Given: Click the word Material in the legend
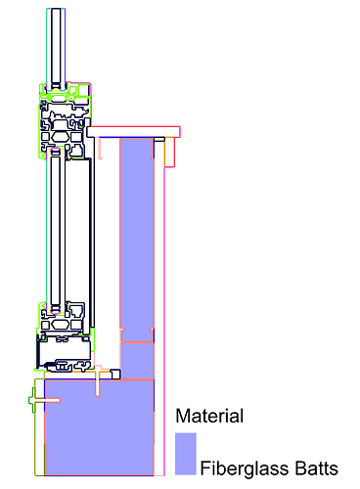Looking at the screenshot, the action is point(209,416).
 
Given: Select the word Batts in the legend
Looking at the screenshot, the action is point(316,468).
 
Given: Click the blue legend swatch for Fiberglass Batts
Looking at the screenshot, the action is point(186,454).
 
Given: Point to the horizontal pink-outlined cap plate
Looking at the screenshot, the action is point(133,132).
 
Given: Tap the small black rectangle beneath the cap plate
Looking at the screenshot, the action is point(159,139).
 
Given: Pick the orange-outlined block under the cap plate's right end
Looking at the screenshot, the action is point(169,153).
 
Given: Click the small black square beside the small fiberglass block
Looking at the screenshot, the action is point(115,374).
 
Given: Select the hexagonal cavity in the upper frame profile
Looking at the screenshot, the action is point(60,136).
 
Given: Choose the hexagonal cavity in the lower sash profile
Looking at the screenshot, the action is point(60,325).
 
